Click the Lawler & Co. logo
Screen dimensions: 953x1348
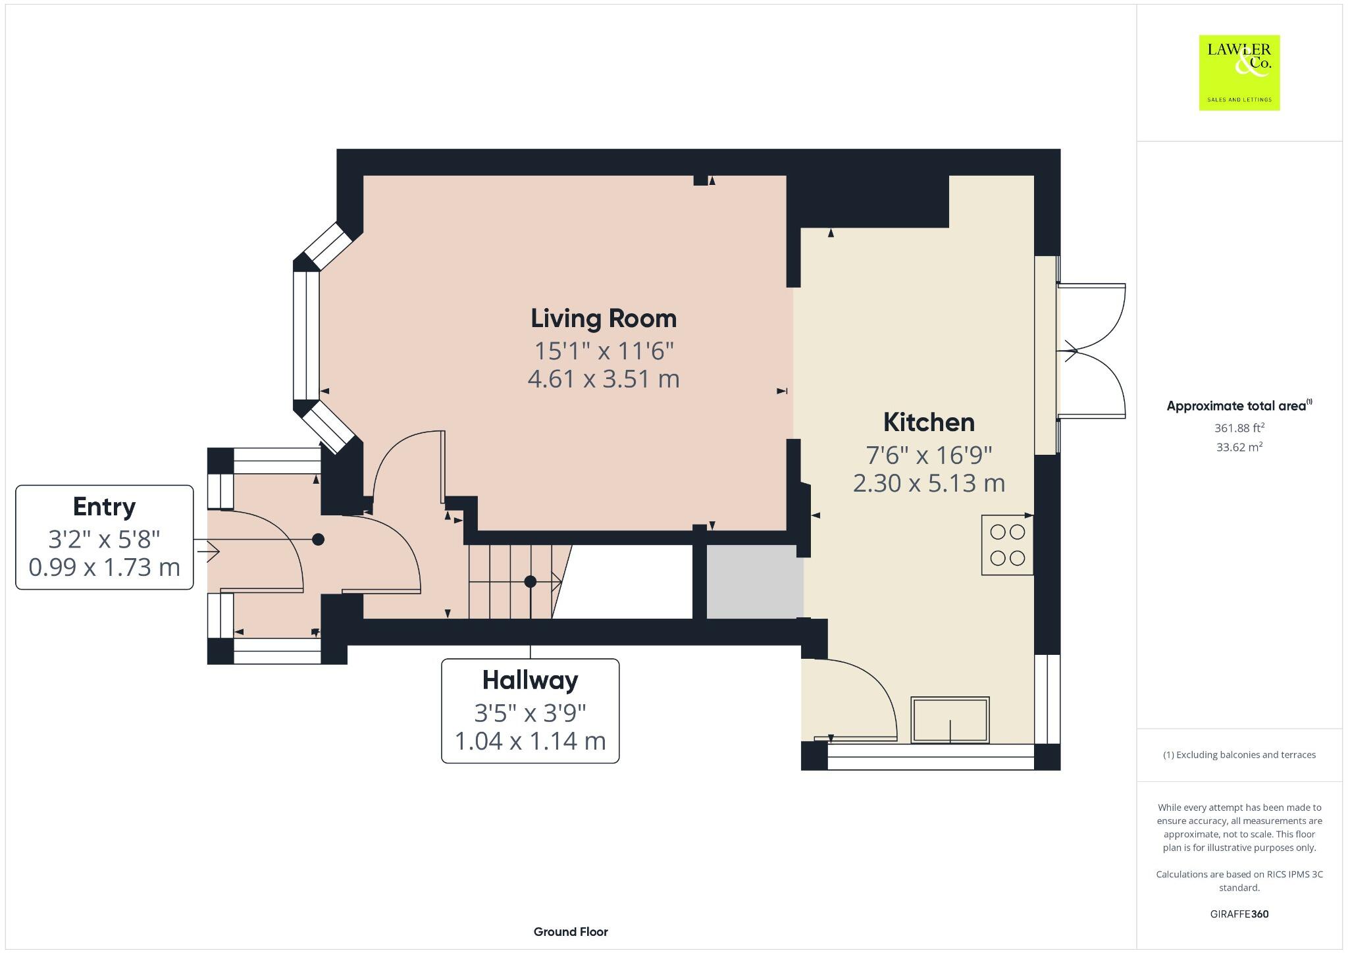click(1239, 72)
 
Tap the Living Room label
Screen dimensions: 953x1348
click(604, 319)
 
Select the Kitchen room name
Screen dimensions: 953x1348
click(929, 423)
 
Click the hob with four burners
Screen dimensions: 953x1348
click(1007, 545)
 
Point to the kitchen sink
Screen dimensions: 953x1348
click(950, 720)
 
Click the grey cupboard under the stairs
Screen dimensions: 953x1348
click(754, 581)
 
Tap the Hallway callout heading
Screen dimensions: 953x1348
click(530, 680)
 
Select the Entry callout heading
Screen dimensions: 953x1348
click(104, 507)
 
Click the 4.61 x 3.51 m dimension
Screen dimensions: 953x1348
click(604, 379)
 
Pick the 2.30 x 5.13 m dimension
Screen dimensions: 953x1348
click(929, 484)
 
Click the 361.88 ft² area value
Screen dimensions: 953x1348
click(1239, 428)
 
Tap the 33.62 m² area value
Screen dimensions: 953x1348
click(1239, 448)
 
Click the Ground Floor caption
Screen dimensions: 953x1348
click(571, 932)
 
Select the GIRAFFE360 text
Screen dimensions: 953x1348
click(1239, 914)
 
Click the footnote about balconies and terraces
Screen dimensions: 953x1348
click(1239, 755)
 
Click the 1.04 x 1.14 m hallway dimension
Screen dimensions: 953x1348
click(530, 741)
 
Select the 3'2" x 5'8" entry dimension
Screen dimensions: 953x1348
click(104, 540)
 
